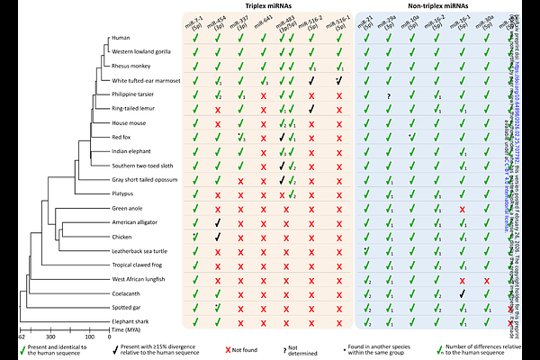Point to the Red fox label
tap(124, 137)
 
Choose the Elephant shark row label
tap(130, 321)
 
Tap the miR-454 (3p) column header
tap(218, 23)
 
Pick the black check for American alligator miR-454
tap(218, 222)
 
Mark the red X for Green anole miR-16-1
tap(462, 209)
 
